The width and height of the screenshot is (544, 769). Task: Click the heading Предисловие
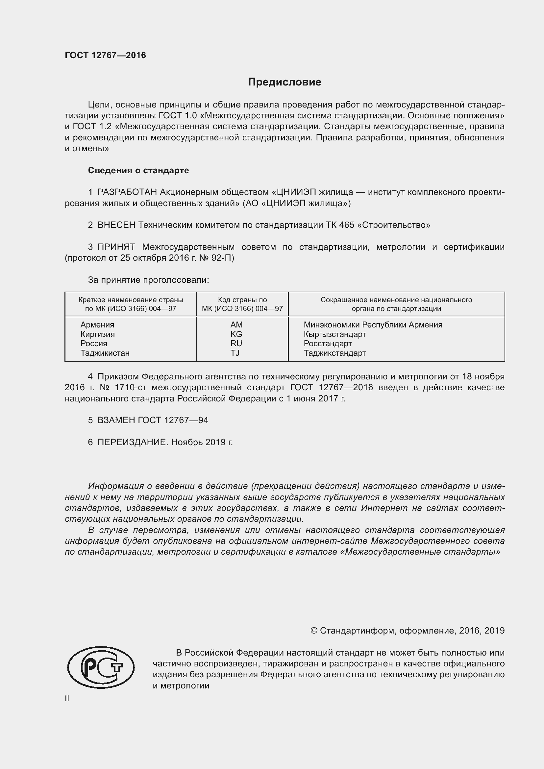coord(284,82)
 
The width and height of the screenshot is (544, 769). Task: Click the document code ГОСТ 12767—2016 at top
coord(105,55)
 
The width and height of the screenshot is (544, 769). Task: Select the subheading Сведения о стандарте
coord(138,171)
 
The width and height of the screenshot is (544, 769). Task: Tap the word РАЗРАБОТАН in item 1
coord(127,192)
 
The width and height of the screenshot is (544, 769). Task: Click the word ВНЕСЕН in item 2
coord(116,225)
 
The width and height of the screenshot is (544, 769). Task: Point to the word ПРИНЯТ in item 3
coord(116,247)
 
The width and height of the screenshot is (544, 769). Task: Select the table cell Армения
coord(97,324)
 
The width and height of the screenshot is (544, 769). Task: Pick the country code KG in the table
coord(236,334)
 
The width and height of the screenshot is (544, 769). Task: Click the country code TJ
coord(235,353)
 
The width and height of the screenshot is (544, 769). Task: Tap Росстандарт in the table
coord(328,343)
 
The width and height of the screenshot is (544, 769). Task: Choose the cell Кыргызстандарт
coord(334,334)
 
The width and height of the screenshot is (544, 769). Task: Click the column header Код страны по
coord(242,300)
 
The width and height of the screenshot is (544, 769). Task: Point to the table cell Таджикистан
coord(105,353)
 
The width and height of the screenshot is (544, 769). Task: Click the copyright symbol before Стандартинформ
coord(313,631)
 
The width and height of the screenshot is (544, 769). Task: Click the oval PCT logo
coord(101,667)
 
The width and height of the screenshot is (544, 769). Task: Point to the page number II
coord(67,698)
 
